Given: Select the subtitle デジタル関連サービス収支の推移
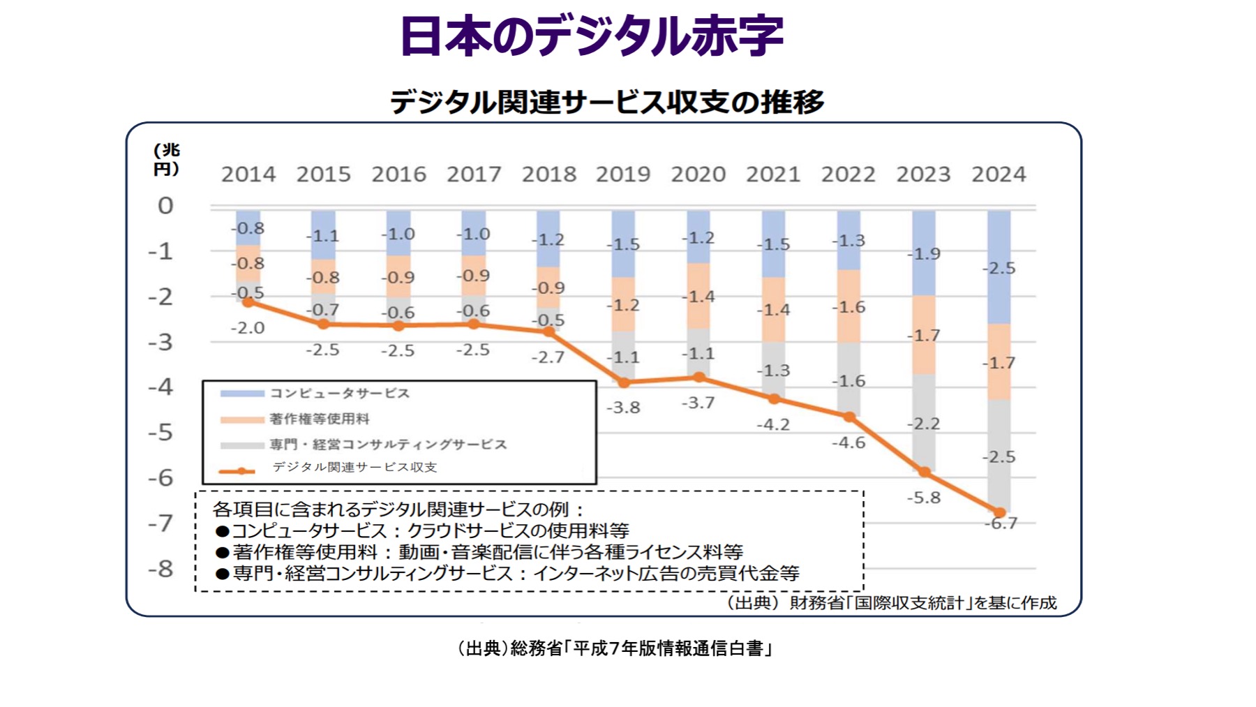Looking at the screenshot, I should (x=606, y=102).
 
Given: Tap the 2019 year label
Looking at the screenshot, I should (x=622, y=174).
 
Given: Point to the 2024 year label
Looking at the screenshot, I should (x=999, y=174).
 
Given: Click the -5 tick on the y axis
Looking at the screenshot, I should (x=161, y=432).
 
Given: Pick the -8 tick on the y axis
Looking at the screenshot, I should (x=161, y=569).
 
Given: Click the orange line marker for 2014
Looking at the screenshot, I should (x=248, y=302).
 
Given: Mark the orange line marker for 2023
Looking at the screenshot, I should (x=924, y=472).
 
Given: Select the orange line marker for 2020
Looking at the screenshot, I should (x=698, y=377).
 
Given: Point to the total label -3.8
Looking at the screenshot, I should (x=623, y=408).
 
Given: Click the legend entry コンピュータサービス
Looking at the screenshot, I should (x=339, y=394).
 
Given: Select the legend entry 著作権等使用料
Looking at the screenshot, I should (x=319, y=419).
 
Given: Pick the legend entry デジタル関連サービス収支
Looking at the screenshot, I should (x=354, y=467).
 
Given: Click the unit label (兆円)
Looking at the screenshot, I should (x=167, y=159).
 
